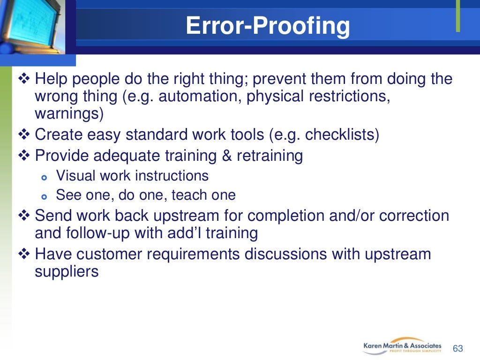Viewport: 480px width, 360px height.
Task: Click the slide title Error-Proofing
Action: [x=268, y=26]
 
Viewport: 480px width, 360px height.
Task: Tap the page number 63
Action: [x=457, y=349]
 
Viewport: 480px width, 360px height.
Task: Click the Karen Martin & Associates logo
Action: [x=402, y=346]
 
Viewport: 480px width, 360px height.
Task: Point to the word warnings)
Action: [x=69, y=113]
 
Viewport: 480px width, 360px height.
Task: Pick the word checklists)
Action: [x=342, y=135]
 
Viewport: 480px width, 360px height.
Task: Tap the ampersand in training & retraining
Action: [x=227, y=155]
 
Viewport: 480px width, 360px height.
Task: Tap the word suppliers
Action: [x=67, y=272]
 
